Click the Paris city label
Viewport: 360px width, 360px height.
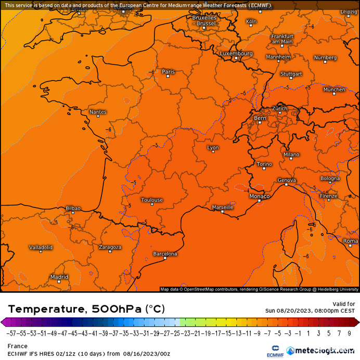coord(169,72)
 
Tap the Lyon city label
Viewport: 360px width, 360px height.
coord(213,148)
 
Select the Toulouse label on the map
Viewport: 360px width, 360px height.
coord(152,200)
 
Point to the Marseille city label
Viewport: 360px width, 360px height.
coord(223,207)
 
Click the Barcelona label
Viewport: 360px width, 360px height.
coord(165,254)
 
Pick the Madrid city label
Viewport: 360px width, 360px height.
coord(59,277)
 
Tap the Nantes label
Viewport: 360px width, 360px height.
coord(98,112)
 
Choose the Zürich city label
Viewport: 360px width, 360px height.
coord(279,108)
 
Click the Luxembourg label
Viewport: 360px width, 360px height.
coord(236,54)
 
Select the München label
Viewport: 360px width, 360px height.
coord(334,89)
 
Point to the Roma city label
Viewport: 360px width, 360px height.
coord(350,241)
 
